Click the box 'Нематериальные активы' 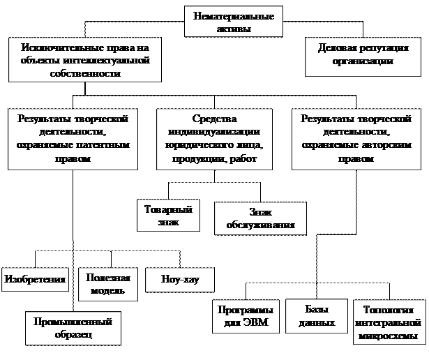(x=234, y=22)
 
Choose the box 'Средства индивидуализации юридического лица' (x=214, y=139)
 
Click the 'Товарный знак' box (x=167, y=215)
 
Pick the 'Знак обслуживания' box (x=260, y=218)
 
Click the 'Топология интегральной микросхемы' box (x=390, y=323)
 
